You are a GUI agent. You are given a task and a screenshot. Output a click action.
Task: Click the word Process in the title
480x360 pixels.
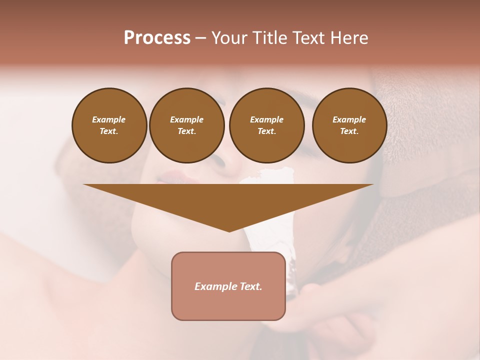point(157,38)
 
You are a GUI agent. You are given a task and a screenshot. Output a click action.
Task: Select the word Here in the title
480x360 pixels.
point(349,38)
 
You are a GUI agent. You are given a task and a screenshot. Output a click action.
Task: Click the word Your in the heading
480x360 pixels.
point(229,38)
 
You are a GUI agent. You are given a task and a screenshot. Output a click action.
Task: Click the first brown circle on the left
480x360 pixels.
point(109,125)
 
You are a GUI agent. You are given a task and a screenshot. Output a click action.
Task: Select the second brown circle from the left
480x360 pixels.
point(186,125)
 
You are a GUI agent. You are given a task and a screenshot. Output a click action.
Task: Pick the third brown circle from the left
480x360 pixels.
point(266,125)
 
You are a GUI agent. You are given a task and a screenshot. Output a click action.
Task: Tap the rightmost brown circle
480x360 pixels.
point(349,125)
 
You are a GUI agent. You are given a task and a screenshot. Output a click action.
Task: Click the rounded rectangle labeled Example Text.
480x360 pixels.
point(228,286)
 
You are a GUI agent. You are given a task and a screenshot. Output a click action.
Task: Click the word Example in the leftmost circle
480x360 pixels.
point(109,119)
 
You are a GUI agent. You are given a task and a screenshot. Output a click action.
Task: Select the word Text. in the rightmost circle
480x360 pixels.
point(349,131)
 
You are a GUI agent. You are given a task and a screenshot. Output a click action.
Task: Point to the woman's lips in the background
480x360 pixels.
point(170,177)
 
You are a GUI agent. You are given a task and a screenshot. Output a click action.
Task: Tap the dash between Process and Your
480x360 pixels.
point(200,38)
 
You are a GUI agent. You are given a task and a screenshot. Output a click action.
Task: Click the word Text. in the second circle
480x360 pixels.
point(186,131)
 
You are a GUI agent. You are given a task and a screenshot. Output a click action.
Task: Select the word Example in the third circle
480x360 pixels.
point(266,119)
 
